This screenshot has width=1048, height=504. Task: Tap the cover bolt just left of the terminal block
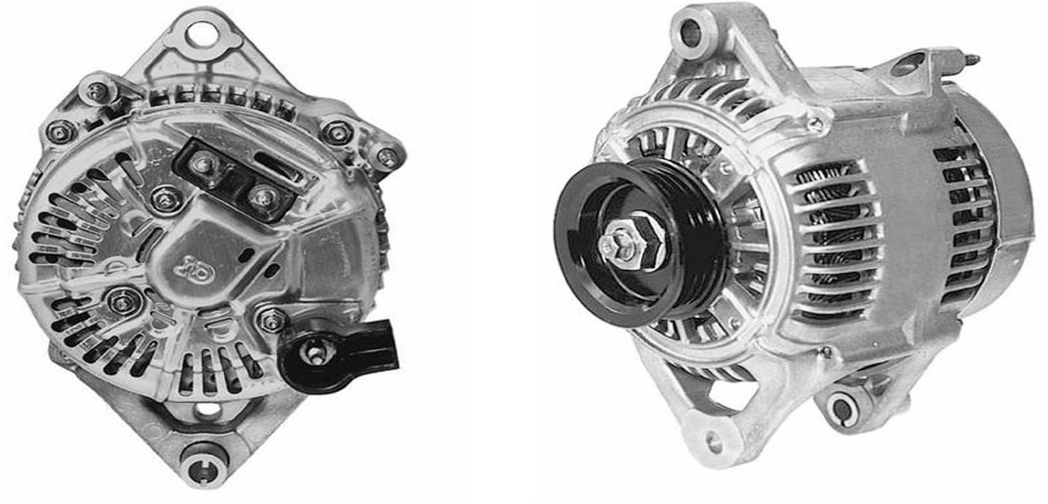point(165,198)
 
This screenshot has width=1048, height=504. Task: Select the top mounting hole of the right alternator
point(690,32)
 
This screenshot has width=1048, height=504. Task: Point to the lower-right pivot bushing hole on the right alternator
point(842,410)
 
